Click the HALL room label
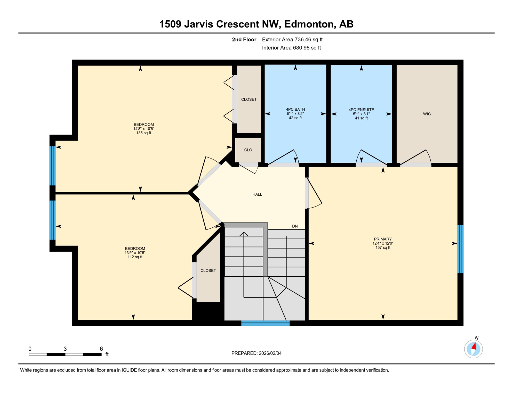pos(257,194)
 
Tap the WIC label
pos(427,114)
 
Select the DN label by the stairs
pos(295,226)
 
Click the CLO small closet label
pos(248,150)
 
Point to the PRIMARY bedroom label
pos(383,239)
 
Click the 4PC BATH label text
pos(295,110)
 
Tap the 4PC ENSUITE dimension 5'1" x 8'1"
pos(361,114)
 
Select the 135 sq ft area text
pos(144,133)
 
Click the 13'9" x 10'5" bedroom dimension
pos(135,253)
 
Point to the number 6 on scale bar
pos(101,349)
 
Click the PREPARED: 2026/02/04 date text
pos(256,353)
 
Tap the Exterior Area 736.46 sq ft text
pos(292,39)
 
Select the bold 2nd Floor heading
pos(244,39)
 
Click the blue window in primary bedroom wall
pos(460,249)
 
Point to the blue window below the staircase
pos(265,323)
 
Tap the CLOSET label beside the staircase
pos(208,271)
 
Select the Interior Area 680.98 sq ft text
pos(291,48)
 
